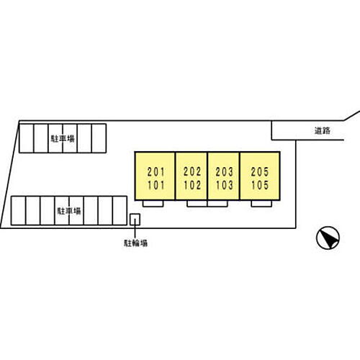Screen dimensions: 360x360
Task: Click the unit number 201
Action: point(156,172)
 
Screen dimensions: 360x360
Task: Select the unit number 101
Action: point(156,185)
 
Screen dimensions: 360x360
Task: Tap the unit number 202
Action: point(192,171)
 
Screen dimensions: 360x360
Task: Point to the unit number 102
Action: point(192,185)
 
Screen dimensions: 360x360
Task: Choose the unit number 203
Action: point(224,172)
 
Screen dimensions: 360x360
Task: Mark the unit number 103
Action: point(224,185)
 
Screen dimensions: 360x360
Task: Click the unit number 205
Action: point(260,172)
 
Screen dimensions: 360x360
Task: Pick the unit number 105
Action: point(260,185)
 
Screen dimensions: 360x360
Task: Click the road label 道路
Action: point(323,130)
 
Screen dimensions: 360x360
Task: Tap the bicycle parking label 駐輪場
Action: point(135,243)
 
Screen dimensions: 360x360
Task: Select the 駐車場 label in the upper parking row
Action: point(63,139)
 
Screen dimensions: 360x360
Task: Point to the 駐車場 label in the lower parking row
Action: point(69,211)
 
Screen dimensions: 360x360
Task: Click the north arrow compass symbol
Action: point(328,238)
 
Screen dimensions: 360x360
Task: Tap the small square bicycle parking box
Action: point(135,220)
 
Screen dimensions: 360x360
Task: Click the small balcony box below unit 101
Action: point(153,204)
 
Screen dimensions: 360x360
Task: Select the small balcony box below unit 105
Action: point(261,204)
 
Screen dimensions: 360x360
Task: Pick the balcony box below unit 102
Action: point(197,204)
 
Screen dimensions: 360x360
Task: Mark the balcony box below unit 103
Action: point(217,204)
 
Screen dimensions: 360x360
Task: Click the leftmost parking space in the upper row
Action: point(27,138)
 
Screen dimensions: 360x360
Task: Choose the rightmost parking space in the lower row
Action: point(120,211)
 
